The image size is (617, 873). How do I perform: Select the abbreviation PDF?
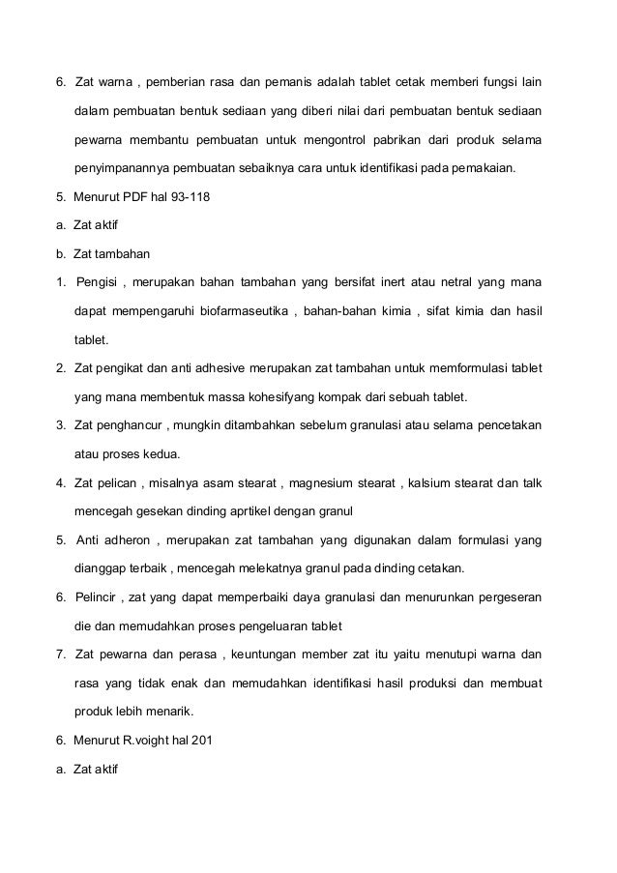(139, 198)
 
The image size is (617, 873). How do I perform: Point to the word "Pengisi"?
(97, 283)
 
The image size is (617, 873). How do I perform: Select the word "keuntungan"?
(272, 655)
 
